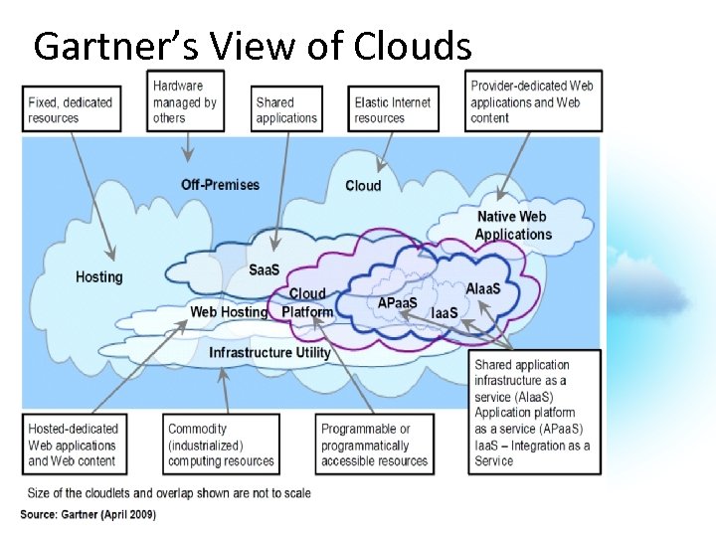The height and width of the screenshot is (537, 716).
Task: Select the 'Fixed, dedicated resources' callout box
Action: (70, 109)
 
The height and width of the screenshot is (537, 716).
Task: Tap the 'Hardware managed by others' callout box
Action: (186, 101)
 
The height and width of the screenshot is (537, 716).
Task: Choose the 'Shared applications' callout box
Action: (286, 109)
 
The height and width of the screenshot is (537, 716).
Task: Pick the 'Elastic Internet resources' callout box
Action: (393, 109)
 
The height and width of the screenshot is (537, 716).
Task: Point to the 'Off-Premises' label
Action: (220, 184)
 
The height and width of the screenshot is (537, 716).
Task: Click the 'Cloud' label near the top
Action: (363, 186)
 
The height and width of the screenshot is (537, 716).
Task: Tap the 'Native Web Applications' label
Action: (513, 226)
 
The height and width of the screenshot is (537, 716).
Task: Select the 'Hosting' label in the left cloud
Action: (99, 276)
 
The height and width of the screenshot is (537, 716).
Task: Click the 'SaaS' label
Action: (264, 270)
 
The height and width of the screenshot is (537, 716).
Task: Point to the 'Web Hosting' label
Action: (229, 312)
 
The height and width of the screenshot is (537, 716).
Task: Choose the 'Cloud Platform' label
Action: (307, 303)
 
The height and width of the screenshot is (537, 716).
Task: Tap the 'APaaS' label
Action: (398, 302)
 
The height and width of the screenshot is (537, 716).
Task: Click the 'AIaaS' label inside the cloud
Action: (484, 288)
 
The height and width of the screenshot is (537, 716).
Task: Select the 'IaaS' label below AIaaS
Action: (445, 313)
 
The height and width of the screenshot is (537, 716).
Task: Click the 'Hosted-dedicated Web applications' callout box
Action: (72, 446)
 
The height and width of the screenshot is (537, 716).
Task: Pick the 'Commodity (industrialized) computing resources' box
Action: (221, 446)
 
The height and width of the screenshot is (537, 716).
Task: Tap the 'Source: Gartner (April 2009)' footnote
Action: (89, 514)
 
